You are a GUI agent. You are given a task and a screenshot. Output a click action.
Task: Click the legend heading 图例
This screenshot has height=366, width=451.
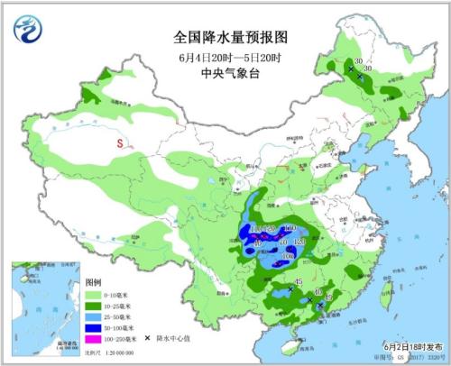coord(93,283)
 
